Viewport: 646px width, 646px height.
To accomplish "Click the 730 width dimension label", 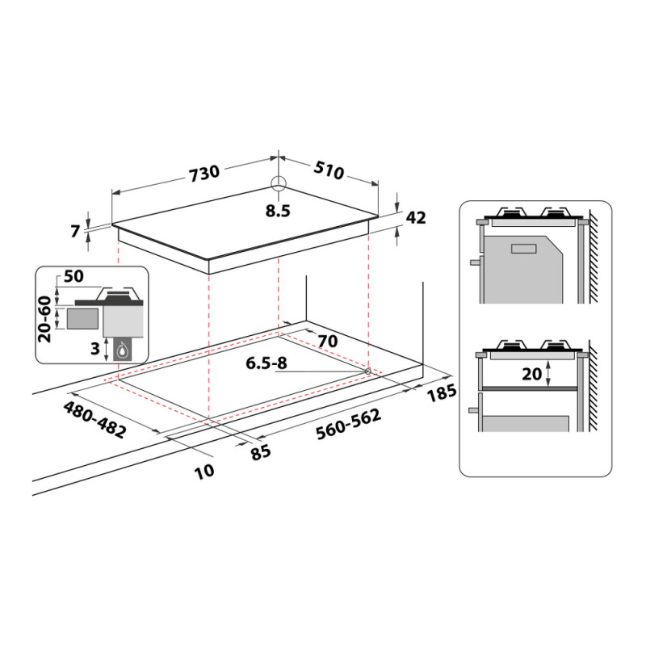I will point(205,173).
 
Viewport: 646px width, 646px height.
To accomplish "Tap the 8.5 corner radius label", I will point(278,211).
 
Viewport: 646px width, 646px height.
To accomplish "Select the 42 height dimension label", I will point(416,217).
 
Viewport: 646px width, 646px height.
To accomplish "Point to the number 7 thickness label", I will point(76,232).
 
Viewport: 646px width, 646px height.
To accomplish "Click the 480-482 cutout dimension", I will point(94,418).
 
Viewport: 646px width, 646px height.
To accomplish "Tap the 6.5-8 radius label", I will point(266,363).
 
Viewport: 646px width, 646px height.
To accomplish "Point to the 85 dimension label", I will point(260,452).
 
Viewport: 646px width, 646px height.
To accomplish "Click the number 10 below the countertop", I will point(205,471).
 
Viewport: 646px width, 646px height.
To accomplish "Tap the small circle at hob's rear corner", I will point(278,182).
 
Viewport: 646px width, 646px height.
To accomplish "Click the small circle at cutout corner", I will point(368,371).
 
